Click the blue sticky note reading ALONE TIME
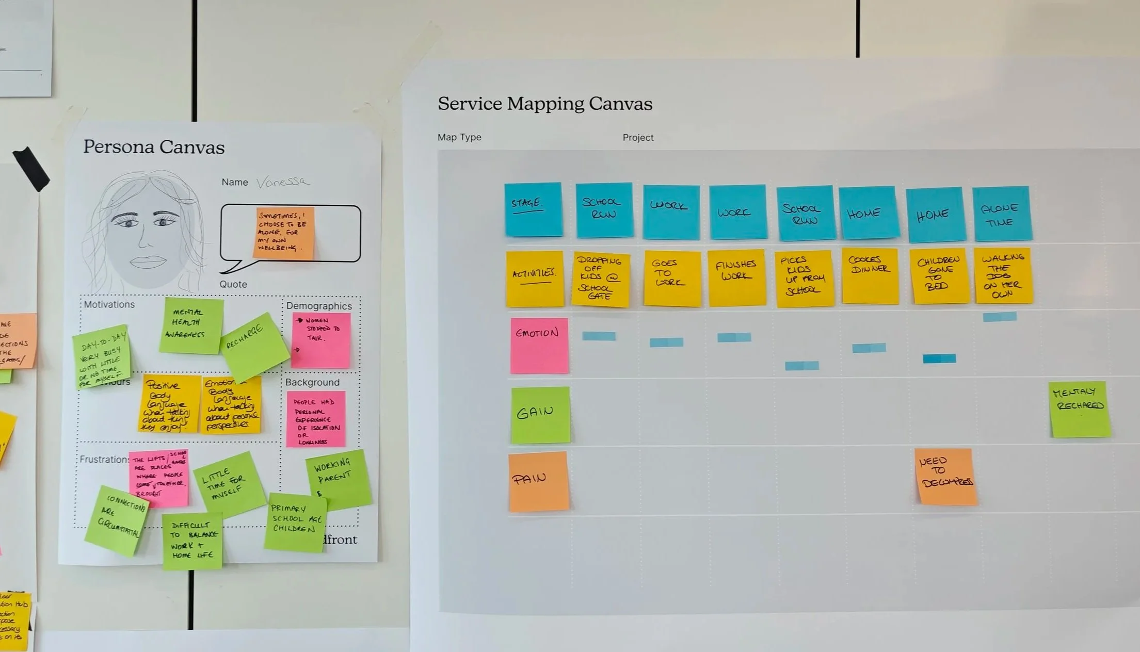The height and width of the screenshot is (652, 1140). point(1001,214)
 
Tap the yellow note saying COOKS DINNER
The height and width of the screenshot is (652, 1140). point(870,275)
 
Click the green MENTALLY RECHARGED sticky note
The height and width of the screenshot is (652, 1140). point(1079,409)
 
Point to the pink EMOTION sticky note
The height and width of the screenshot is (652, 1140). point(539,345)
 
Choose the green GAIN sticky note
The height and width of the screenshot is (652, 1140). point(540,415)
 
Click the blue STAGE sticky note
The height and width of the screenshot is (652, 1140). point(533,209)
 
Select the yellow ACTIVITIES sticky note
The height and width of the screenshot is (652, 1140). point(534,279)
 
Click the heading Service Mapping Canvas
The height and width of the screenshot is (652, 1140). point(544,104)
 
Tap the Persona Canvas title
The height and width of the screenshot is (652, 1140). point(154,147)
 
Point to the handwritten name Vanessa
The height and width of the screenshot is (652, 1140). point(283,182)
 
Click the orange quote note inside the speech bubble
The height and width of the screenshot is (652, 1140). point(284,232)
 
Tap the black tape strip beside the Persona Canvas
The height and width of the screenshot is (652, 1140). point(31,168)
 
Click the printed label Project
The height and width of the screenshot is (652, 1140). point(638,138)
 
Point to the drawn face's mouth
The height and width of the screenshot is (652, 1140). point(148,262)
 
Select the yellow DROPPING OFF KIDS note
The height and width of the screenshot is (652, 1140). point(600,279)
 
